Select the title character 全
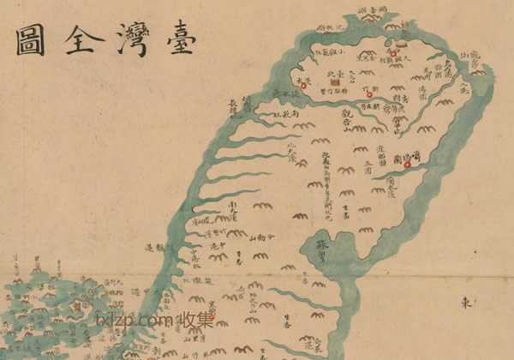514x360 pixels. [x=79, y=39]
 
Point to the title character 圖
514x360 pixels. [x=30, y=39]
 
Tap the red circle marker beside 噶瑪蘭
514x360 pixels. [x=408, y=165]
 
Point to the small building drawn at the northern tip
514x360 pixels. [x=402, y=39]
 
